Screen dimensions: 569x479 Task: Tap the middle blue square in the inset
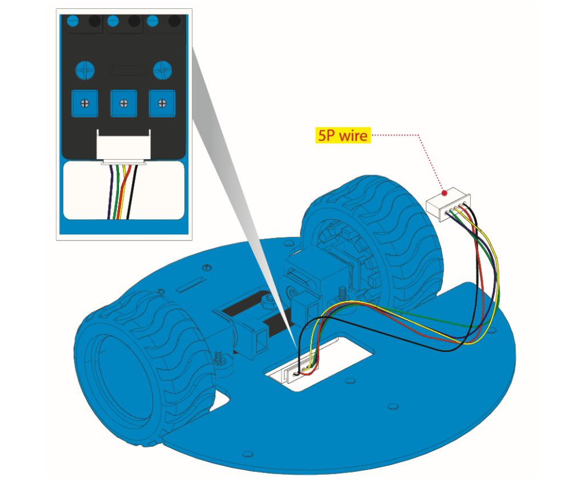click(123, 103)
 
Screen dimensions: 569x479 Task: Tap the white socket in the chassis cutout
click(297, 374)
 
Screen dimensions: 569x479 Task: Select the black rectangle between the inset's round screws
click(128, 71)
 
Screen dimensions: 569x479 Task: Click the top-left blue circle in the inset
click(72, 22)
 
